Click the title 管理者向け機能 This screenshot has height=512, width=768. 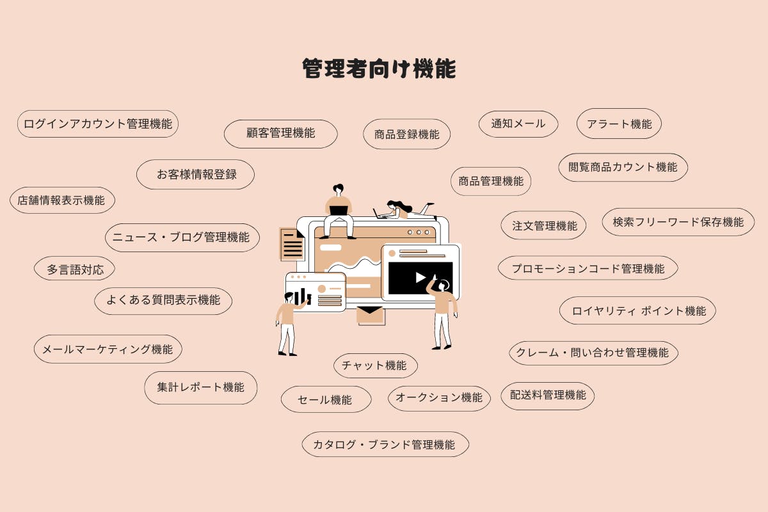click(379, 68)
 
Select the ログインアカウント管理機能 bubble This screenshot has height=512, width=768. click(98, 124)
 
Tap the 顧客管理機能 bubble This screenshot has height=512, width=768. click(280, 134)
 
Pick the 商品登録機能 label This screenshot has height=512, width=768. click(406, 134)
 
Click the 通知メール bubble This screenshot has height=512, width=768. click(518, 124)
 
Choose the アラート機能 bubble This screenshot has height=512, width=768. click(619, 124)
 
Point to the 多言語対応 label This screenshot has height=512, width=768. click(75, 269)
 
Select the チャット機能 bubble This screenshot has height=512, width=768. click(376, 365)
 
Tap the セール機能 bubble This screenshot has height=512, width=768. click(326, 399)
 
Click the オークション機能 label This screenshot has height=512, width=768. click(439, 397)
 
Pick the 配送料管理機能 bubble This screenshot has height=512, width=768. click(548, 396)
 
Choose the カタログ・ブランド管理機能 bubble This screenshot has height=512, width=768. click(385, 444)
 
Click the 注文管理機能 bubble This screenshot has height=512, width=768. click(543, 225)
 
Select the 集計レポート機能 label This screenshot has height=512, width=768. click(200, 387)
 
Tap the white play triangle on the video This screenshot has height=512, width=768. click(420, 277)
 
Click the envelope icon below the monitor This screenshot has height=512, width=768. click(370, 315)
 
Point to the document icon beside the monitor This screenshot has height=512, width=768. click(292, 244)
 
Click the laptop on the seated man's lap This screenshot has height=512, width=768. click(339, 210)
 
